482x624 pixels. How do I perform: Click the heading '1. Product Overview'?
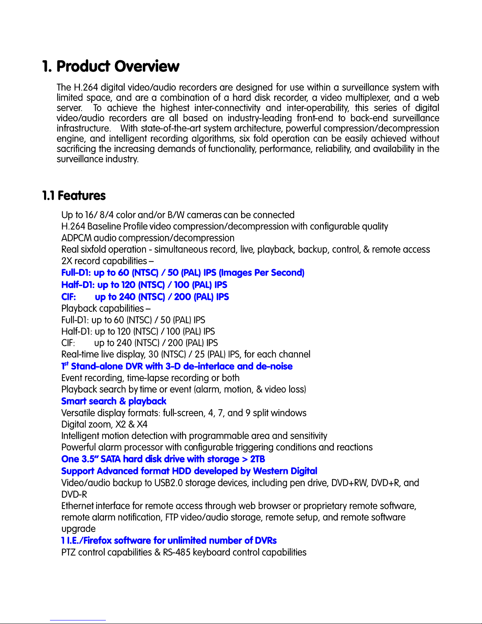point(111,66)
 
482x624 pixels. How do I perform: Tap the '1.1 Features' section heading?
point(74,196)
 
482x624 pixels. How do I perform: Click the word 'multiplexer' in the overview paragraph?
point(367,98)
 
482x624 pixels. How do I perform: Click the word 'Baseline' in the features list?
point(104,226)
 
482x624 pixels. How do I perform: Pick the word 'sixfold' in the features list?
point(94,250)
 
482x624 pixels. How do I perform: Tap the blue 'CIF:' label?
point(68,297)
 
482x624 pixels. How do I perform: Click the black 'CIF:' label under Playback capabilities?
point(68,343)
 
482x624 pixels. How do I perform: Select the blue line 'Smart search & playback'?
point(114,401)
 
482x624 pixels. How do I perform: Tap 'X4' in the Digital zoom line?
point(142,424)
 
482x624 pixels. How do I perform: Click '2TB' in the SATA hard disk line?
point(257,459)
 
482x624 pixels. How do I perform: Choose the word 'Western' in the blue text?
point(270,471)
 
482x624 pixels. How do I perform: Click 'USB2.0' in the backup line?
point(168,483)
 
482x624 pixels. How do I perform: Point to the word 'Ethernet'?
point(78,506)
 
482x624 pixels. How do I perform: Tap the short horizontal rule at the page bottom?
point(78,620)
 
